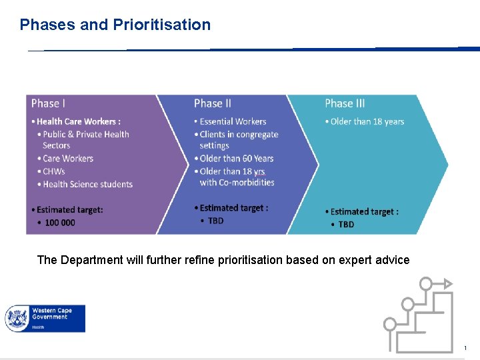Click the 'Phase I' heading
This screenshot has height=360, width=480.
click(x=48, y=103)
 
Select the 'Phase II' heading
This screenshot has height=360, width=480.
click(x=213, y=103)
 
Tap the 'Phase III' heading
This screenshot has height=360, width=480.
click(x=345, y=103)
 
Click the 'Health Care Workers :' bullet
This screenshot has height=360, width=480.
click(x=78, y=121)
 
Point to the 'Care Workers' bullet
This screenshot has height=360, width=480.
click(x=68, y=159)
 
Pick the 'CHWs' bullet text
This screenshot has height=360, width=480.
click(x=54, y=171)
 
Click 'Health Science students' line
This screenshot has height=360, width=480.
click(x=87, y=184)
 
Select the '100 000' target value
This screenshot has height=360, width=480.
click(x=60, y=223)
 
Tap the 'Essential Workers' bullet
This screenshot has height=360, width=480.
click(x=233, y=121)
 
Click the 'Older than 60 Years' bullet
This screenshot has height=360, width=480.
click(x=237, y=159)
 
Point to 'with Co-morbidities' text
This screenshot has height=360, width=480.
click(x=237, y=182)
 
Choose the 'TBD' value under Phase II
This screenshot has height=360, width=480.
click(x=216, y=221)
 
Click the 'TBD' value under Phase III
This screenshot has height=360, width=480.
click(x=346, y=225)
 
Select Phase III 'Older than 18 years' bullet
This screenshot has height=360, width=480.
click(x=367, y=121)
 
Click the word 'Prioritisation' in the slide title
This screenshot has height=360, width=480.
click(x=161, y=25)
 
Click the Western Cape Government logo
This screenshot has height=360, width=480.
click(x=45, y=319)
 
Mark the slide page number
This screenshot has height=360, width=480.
click(x=466, y=348)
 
